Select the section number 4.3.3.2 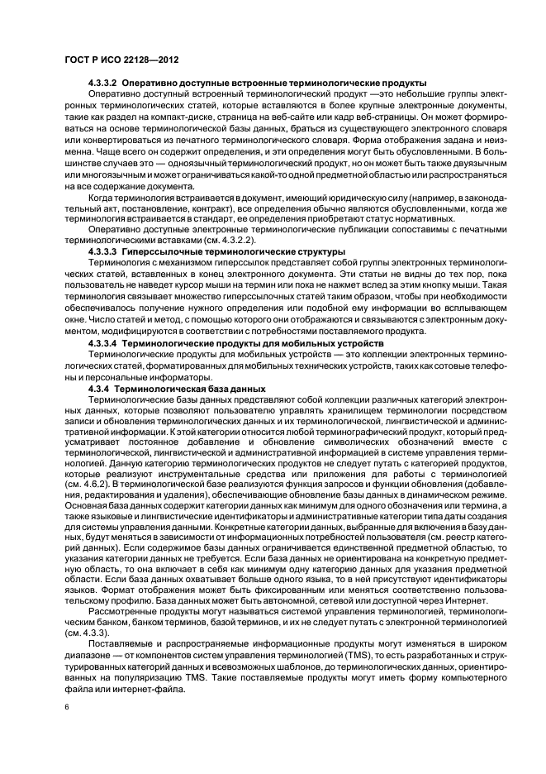[x=103, y=84]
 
